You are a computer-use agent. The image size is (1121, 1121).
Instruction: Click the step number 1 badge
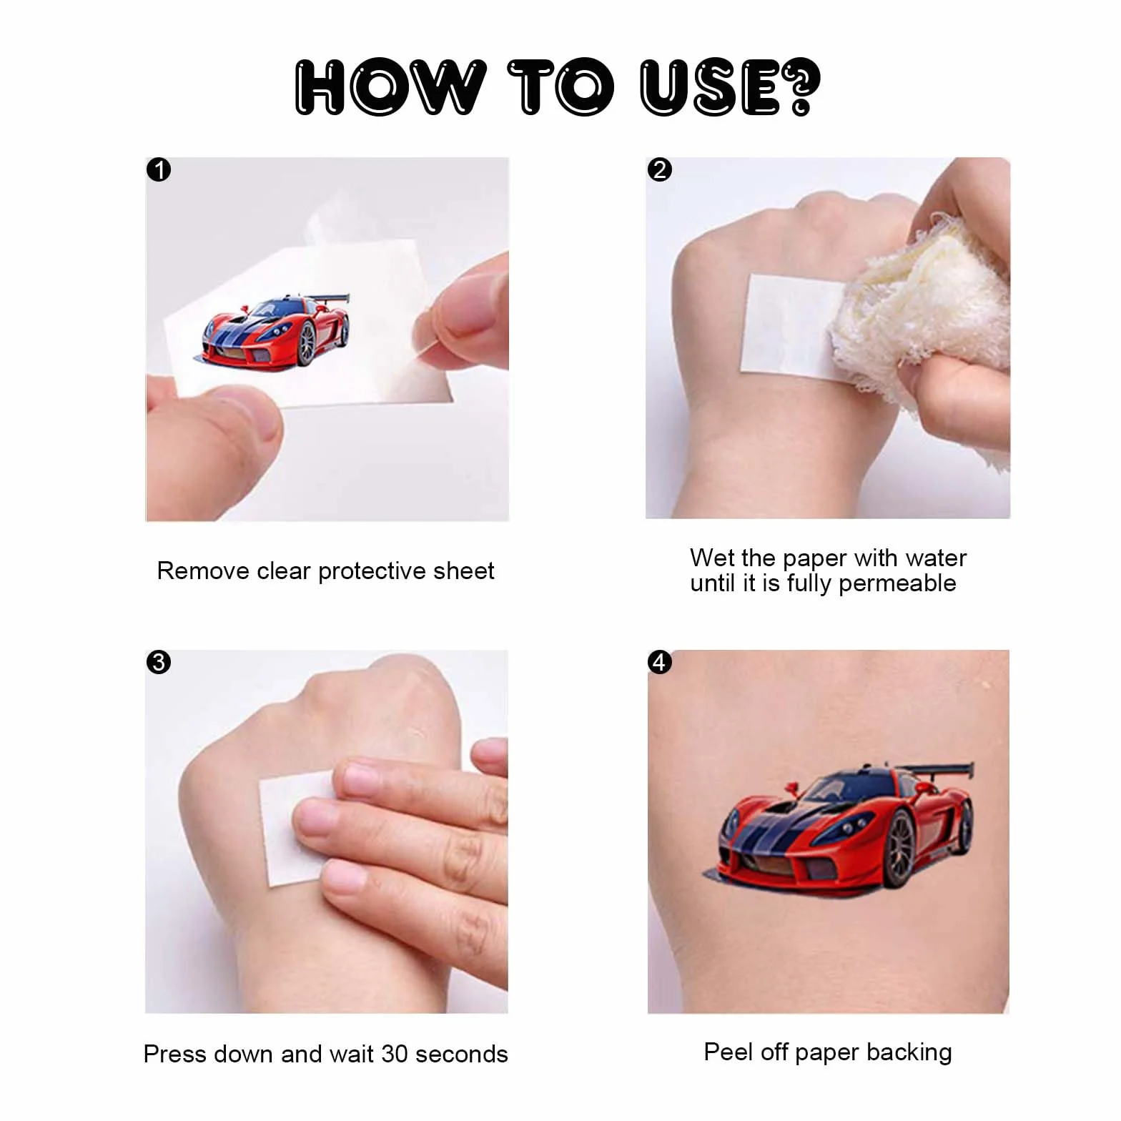point(159,170)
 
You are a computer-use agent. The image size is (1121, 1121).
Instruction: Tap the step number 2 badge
point(659,169)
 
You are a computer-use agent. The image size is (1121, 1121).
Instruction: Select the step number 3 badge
point(159,662)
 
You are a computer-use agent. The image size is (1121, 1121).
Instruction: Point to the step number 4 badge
point(659,662)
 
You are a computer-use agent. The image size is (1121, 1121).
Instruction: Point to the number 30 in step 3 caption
point(395,1054)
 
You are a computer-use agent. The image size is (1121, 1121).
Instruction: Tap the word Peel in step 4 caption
point(728,1052)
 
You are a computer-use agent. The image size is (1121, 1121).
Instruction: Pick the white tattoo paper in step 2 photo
point(786,325)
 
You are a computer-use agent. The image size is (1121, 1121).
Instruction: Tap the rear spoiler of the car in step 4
point(937,771)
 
